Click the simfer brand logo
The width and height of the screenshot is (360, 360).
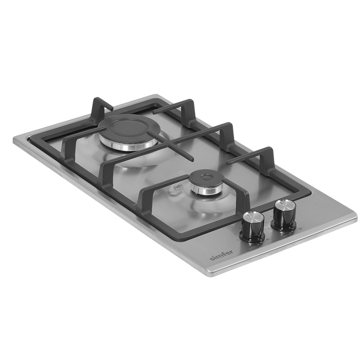[221, 255]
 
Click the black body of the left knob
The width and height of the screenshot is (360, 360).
[251, 230]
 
